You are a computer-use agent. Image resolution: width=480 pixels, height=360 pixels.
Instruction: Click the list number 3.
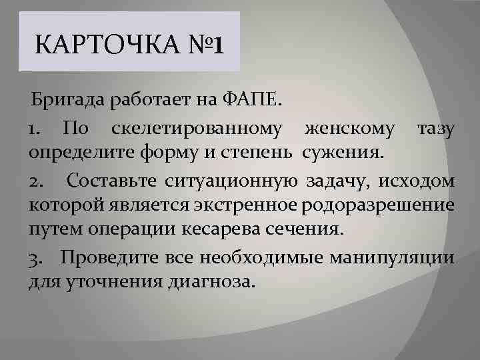point(35,257)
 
